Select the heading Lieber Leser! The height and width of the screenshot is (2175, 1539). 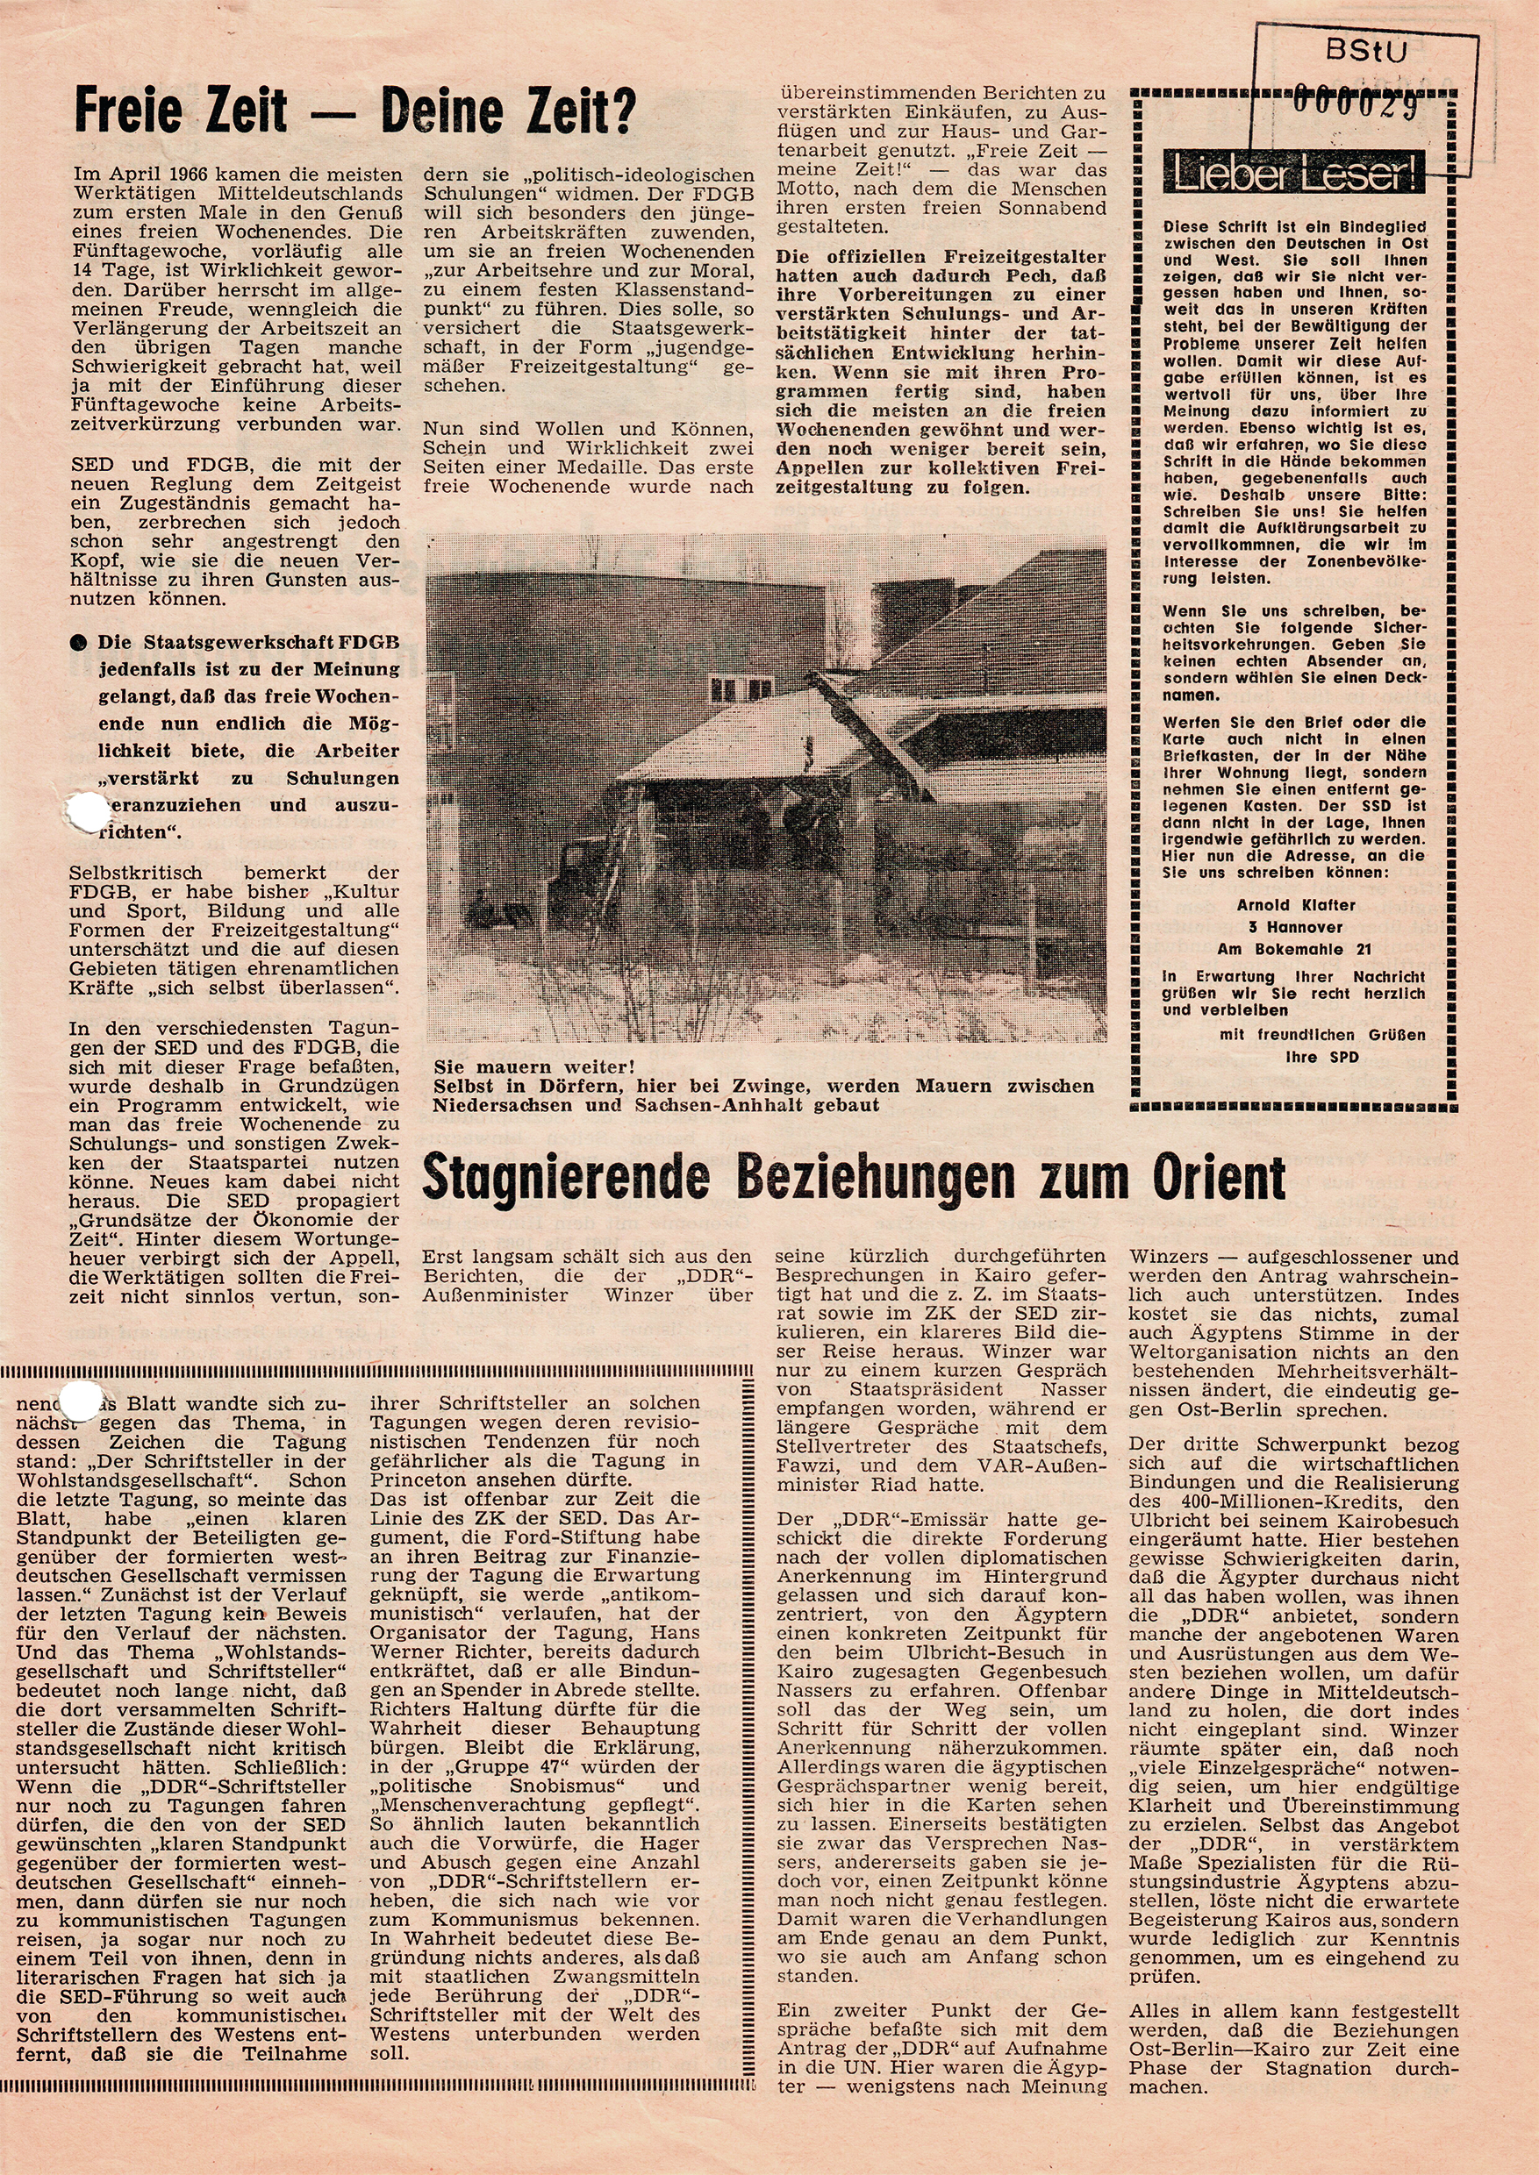coord(1295,176)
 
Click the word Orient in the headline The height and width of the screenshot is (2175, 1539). coord(1220,1177)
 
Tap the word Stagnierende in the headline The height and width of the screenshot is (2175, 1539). coord(566,1178)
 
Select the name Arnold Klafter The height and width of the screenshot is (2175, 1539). coord(1295,905)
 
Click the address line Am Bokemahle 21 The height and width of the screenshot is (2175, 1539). coord(1294,948)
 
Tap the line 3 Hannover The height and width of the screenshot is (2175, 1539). coord(1295,926)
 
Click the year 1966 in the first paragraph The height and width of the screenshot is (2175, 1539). coord(185,175)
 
